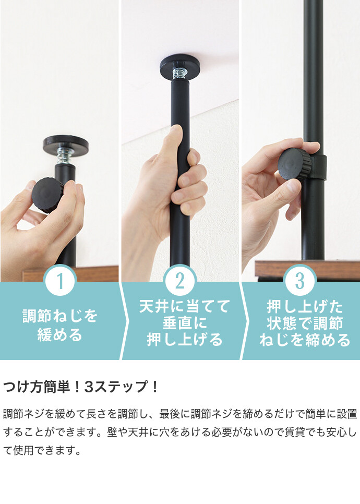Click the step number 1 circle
[60, 281]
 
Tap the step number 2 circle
[180, 281]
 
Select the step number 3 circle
[300, 281]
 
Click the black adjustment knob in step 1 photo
[49, 195]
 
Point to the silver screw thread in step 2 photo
[179, 73]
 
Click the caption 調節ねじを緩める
[60, 325]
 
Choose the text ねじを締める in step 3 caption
[305, 341]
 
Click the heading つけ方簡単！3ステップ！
[81, 388]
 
